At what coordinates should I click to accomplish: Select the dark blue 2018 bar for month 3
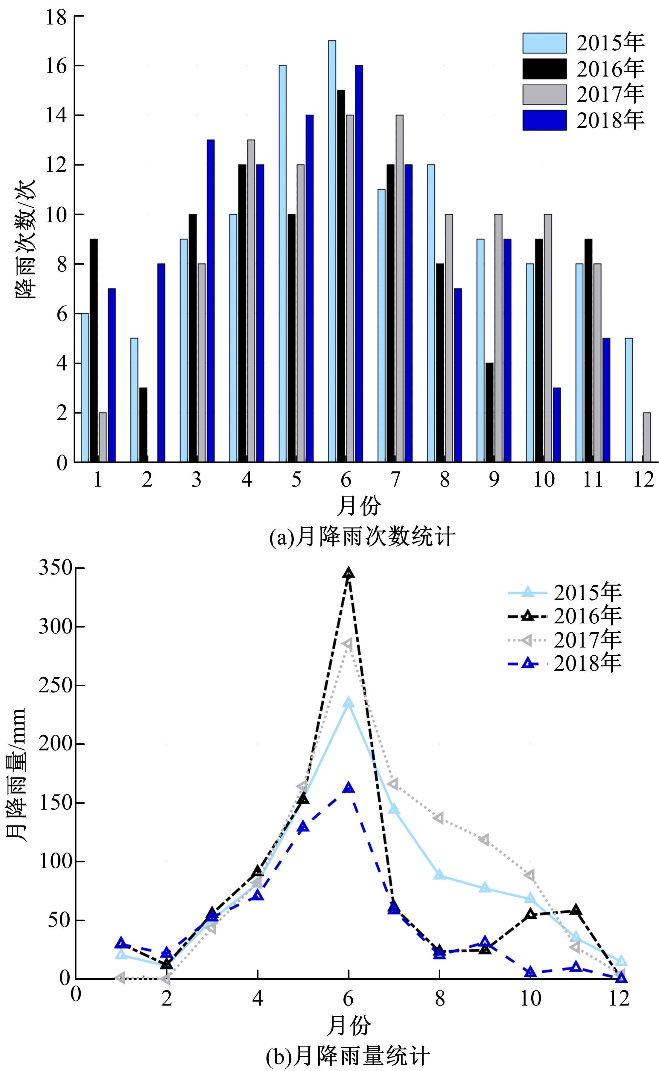point(211,301)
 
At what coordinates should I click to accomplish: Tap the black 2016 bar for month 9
point(489,412)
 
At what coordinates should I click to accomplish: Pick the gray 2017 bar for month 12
point(647,437)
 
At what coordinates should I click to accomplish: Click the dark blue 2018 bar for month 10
point(557,425)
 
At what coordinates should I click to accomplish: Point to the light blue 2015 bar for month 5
point(282,264)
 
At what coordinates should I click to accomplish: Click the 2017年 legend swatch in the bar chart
point(544,95)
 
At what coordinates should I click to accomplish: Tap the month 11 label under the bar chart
point(593,479)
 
